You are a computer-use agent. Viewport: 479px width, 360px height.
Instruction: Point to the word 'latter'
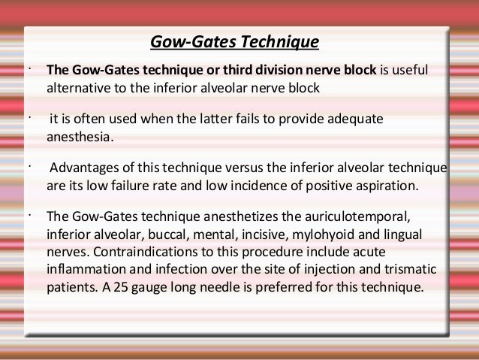[226, 121]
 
